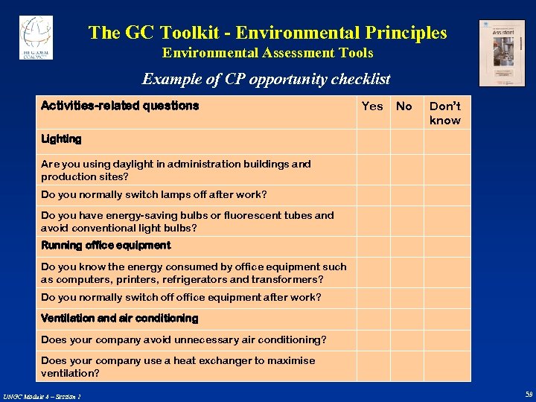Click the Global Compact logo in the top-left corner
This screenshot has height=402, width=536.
tap(36, 37)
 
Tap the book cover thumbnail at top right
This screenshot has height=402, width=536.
tap(501, 53)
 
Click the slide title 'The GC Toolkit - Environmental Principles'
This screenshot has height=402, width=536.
tap(267, 33)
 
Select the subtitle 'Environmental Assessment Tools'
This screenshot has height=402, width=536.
tap(267, 53)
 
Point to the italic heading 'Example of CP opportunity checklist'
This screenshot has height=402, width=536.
tap(266, 79)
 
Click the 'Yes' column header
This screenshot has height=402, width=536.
tap(372, 106)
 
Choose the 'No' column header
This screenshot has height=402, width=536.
tap(404, 106)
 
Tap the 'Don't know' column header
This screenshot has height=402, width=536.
tap(445, 113)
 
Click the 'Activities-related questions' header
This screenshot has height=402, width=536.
tap(120, 106)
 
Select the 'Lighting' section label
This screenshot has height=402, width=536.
tap(61, 138)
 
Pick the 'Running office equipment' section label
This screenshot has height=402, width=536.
tap(106, 245)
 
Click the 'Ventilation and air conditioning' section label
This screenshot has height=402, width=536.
tap(119, 318)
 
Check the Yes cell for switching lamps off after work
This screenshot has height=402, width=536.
tap(372, 195)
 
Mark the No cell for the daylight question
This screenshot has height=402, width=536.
tap(406, 170)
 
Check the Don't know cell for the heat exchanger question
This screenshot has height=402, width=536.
tap(447, 366)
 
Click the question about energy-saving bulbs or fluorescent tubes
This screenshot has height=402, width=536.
tap(188, 221)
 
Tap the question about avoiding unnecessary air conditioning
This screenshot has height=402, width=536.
tap(183, 340)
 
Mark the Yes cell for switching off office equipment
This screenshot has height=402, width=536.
tap(372, 298)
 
